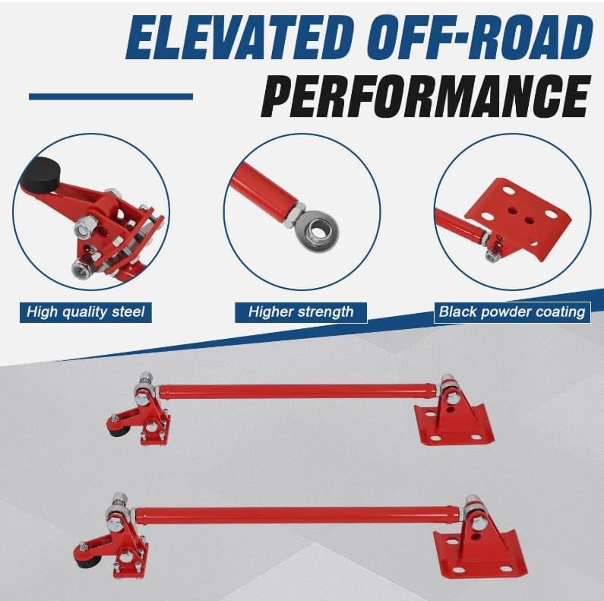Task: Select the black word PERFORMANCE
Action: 425,96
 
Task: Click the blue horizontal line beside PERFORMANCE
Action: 111,96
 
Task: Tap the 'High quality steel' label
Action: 86,312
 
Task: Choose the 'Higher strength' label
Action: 301,312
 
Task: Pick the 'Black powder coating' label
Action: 512,312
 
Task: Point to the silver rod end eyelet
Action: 317,232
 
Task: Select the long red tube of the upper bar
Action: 299,391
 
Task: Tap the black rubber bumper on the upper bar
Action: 116,432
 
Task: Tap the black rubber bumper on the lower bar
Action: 85,561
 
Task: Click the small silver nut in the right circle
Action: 490,255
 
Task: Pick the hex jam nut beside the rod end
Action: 295,214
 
